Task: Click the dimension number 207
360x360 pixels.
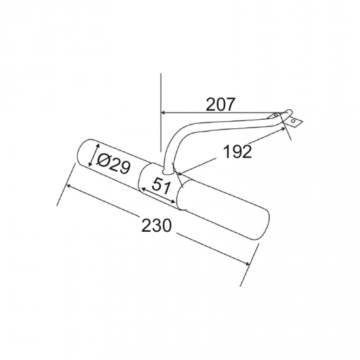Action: (x=221, y=104)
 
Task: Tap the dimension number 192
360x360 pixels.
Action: (x=237, y=151)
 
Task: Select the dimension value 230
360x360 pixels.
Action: (x=156, y=225)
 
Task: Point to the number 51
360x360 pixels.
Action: (x=161, y=186)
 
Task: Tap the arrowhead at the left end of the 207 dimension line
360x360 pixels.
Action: (x=163, y=113)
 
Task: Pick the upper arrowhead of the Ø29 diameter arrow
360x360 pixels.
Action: (x=98, y=146)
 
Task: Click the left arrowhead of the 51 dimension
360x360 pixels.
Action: (x=143, y=189)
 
